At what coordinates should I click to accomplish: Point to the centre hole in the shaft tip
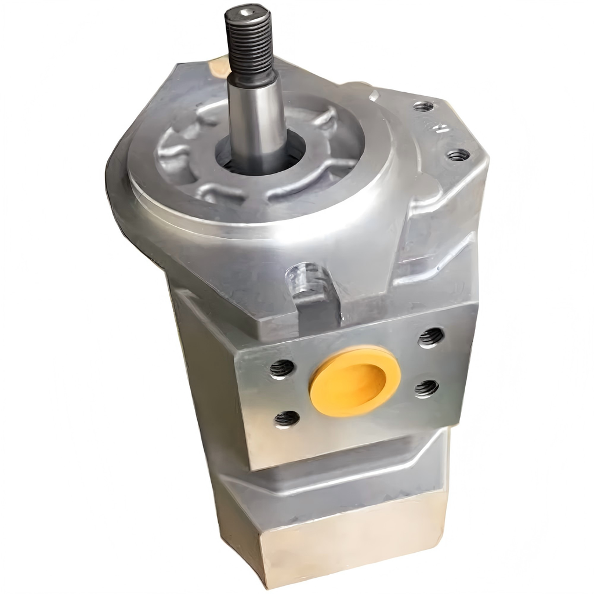[248, 12]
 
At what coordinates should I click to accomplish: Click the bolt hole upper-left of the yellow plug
[282, 368]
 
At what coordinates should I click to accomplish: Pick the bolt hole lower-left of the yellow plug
[287, 418]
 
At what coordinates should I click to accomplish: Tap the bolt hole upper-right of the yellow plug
[430, 336]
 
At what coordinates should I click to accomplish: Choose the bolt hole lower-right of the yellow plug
[426, 388]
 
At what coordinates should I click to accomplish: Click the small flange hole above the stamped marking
[423, 107]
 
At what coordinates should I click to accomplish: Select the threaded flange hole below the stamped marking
[458, 155]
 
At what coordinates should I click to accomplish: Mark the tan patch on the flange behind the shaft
[219, 65]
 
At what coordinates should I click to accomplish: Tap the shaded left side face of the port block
[209, 371]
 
